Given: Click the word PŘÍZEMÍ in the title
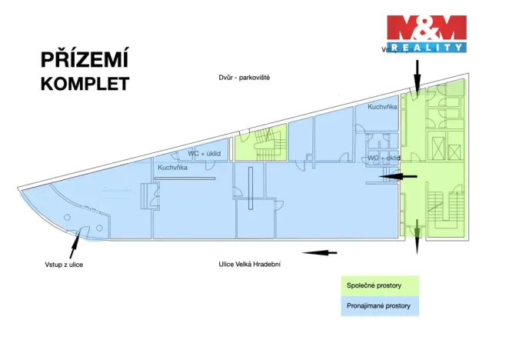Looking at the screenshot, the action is click(84, 61).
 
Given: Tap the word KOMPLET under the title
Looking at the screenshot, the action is click(84, 83).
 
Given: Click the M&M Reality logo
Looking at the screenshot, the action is click(426, 33).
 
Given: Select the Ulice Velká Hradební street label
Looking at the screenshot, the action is click(249, 264).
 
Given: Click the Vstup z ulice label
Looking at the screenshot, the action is click(64, 265).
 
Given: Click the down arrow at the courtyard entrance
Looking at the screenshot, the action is click(417, 75).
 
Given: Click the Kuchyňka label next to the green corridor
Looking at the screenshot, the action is click(382, 107).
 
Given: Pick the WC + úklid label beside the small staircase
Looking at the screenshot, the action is click(205, 154).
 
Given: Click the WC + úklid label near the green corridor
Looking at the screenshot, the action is click(383, 158).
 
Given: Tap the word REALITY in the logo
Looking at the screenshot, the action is click(426, 47).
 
